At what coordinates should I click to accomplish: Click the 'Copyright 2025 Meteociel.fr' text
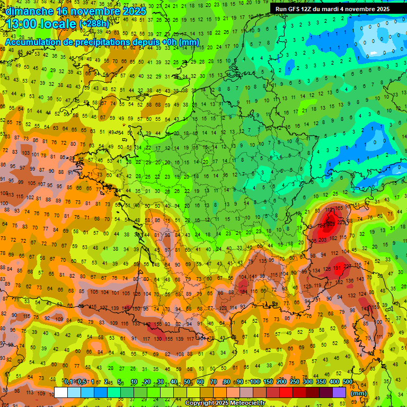[x=225, y=403]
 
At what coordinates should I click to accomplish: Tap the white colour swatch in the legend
[x=61, y=393]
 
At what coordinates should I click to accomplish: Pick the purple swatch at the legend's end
[x=339, y=393]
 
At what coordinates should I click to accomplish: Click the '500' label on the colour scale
[x=347, y=382]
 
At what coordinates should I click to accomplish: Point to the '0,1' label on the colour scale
[x=68, y=382]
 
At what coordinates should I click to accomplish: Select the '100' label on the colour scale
[x=255, y=382]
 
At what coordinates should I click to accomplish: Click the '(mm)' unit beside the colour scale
[x=359, y=393]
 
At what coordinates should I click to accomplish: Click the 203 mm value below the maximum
[x=322, y=240]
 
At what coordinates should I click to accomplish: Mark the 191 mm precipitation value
[x=338, y=268]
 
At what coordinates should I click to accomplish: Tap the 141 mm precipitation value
[x=254, y=276]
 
